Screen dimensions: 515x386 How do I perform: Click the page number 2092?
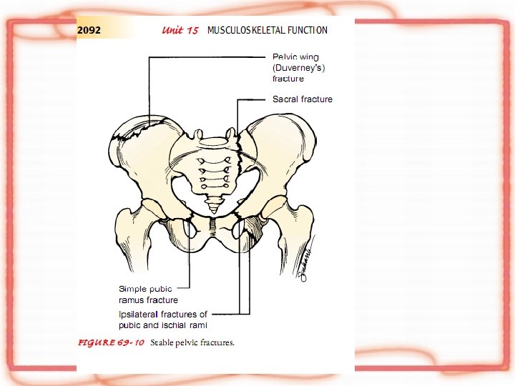coord(89,30)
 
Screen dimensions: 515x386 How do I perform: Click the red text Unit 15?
coord(180,30)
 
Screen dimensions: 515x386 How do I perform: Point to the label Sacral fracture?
coord(302,99)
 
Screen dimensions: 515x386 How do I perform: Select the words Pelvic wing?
coord(295,56)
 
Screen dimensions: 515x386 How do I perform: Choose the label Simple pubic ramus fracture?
coord(148,295)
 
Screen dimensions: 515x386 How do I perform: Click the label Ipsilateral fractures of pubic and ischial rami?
coord(163,320)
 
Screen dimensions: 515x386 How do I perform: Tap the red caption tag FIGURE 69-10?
coord(111,342)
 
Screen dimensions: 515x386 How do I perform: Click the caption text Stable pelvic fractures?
coord(192,342)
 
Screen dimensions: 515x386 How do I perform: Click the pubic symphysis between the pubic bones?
coord(212,228)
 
